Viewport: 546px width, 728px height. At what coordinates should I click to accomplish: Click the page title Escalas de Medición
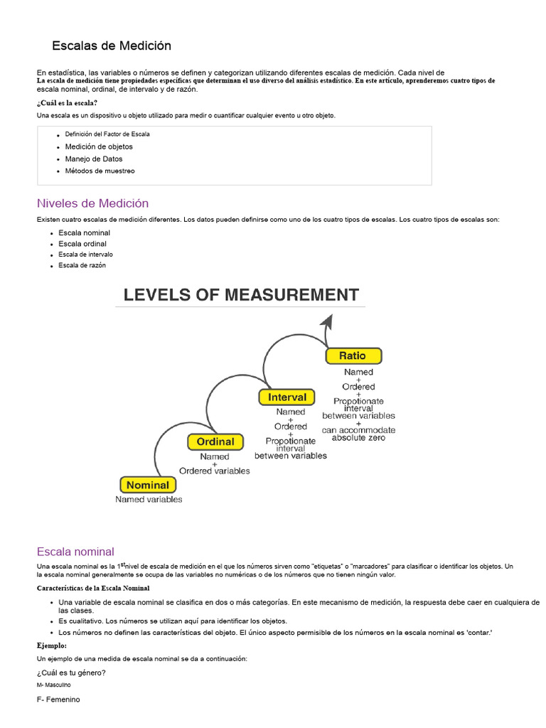click(112, 45)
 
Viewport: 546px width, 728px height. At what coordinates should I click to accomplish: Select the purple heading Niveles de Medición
click(92, 203)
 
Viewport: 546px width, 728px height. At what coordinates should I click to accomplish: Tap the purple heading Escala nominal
click(75, 551)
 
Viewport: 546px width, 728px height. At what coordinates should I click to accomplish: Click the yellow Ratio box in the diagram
click(353, 355)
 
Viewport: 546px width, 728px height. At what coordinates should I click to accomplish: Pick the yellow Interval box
click(287, 397)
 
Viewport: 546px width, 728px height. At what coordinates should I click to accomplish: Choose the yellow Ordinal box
click(215, 441)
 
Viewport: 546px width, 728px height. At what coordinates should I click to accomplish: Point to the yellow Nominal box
click(147, 486)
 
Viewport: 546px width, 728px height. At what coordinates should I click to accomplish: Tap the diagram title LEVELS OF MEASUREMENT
click(241, 294)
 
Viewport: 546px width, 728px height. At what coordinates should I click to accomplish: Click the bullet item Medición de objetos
click(99, 146)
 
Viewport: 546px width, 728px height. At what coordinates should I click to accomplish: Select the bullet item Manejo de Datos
click(94, 159)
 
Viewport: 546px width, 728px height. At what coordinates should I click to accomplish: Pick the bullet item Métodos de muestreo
click(100, 171)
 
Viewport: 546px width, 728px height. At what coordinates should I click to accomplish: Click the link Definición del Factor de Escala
click(107, 134)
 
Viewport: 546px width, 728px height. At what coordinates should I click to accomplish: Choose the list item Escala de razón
click(82, 265)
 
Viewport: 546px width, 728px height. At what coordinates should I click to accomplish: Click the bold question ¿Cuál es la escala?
click(67, 103)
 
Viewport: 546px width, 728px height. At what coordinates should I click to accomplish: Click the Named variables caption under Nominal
click(149, 499)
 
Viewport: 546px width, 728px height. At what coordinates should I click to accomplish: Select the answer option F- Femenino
click(58, 700)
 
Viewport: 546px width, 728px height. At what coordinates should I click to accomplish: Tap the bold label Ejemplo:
click(52, 646)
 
